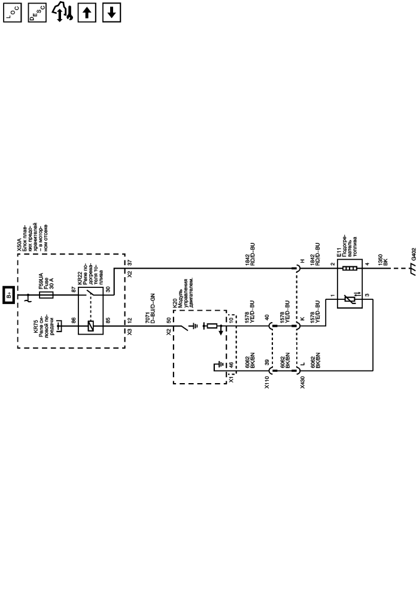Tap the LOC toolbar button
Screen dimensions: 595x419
(x=12, y=11)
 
